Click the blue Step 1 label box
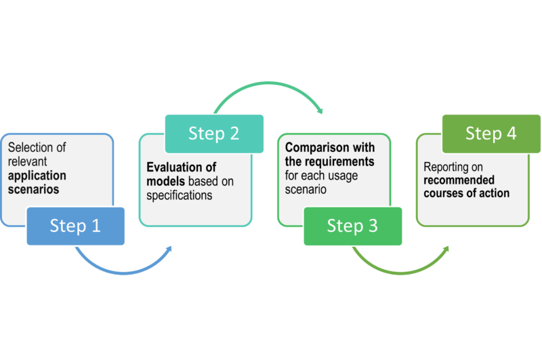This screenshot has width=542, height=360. [75, 226]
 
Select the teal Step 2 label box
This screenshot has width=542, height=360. [214, 133]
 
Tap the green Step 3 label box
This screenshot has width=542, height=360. [352, 226]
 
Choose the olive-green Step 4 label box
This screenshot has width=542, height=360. [491, 133]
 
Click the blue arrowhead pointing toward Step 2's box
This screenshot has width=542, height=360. [167, 249]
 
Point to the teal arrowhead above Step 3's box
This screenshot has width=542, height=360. [319, 111]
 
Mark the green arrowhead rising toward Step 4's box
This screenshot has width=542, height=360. [444, 249]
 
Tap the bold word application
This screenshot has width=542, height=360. [37, 176]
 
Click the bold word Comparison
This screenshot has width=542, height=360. [317, 147]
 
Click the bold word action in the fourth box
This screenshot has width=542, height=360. [494, 194]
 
